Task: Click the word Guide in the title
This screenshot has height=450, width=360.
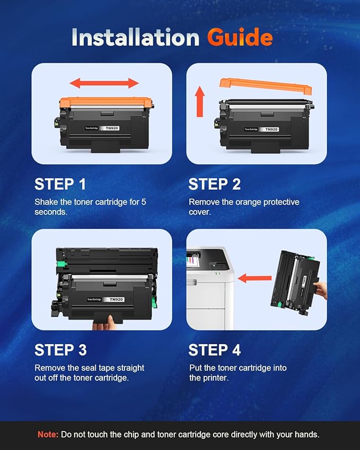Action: pyautogui.click(x=240, y=38)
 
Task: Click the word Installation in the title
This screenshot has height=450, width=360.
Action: pyautogui.click(x=136, y=38)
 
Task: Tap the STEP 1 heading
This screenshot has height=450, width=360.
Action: pyautogui.click(x=60, y=184)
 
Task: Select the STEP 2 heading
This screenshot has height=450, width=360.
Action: pyautogui.click(x=214, y=184)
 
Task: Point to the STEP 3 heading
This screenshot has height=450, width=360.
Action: pyautogui.click(x=60, y=350)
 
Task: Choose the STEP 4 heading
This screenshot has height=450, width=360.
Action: pyautogui.click(x=214, y=350)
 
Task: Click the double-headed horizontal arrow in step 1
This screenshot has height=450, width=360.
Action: pyautogui.click(x=104, y=83)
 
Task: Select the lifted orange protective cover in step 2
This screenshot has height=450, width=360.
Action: pyautogui.click(x=265, y=85)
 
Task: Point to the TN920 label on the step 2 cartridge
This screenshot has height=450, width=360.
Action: pyautogui.click(x=271, y=129)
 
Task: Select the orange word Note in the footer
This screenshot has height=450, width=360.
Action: pyautogui.click(x=48, y=434)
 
